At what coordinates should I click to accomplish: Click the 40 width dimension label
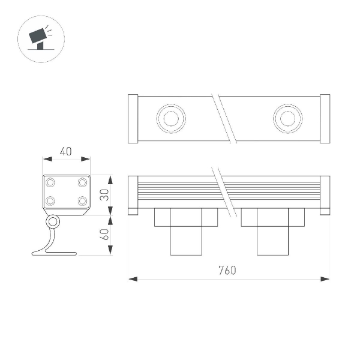tap(66, 152)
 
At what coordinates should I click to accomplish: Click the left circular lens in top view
tap(170, 118)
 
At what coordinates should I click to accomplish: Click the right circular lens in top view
tap(287, 118)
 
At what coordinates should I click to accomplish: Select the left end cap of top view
tap(133, 119)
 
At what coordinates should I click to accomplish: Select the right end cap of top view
tap(325, 119)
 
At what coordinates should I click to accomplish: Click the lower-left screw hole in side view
tap(51, 200)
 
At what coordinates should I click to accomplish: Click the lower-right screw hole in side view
tap(82, 200)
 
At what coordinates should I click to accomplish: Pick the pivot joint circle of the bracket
tap(53, 223)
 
